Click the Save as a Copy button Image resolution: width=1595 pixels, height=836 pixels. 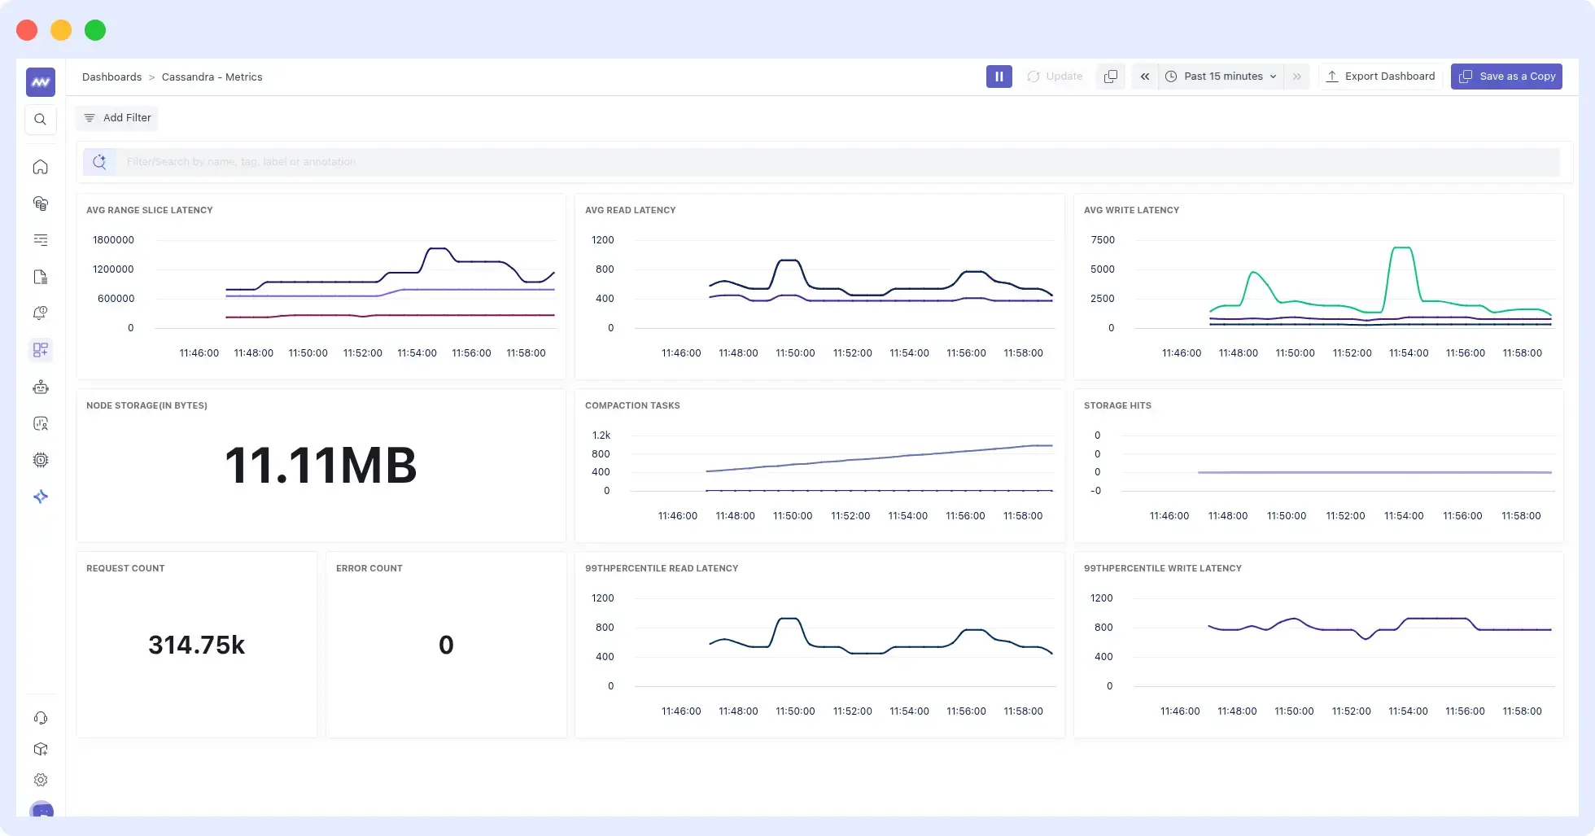coord(1506,77)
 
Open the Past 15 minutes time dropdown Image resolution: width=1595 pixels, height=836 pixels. coord(1222,77)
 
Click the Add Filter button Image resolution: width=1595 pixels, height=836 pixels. coord(117,118)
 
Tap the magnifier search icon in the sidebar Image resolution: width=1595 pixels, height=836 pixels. coord(40,120)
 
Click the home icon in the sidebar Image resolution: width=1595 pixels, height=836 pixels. coord(40,167)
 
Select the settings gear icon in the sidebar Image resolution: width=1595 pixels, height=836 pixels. coord(40,780)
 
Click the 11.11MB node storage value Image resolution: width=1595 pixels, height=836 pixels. coord(321,466)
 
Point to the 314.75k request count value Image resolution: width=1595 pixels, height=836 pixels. coord(196,645)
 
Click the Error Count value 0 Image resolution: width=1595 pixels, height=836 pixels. coord(446,645)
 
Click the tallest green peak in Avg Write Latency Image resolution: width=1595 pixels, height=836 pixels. coord(1401,248)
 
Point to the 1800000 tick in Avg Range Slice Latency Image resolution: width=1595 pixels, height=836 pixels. coord(113,240)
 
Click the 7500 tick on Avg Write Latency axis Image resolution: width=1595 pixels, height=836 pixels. coord(1103,240)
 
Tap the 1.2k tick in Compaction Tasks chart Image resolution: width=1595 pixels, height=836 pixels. coord(601,436)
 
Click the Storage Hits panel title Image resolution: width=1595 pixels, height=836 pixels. coord(1117,405)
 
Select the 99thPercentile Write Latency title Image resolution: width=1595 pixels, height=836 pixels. coord(1162,568)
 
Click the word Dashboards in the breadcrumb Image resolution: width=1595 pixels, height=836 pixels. coord(111,77)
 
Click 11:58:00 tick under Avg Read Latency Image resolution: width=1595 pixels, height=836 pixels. coord(1023,353)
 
